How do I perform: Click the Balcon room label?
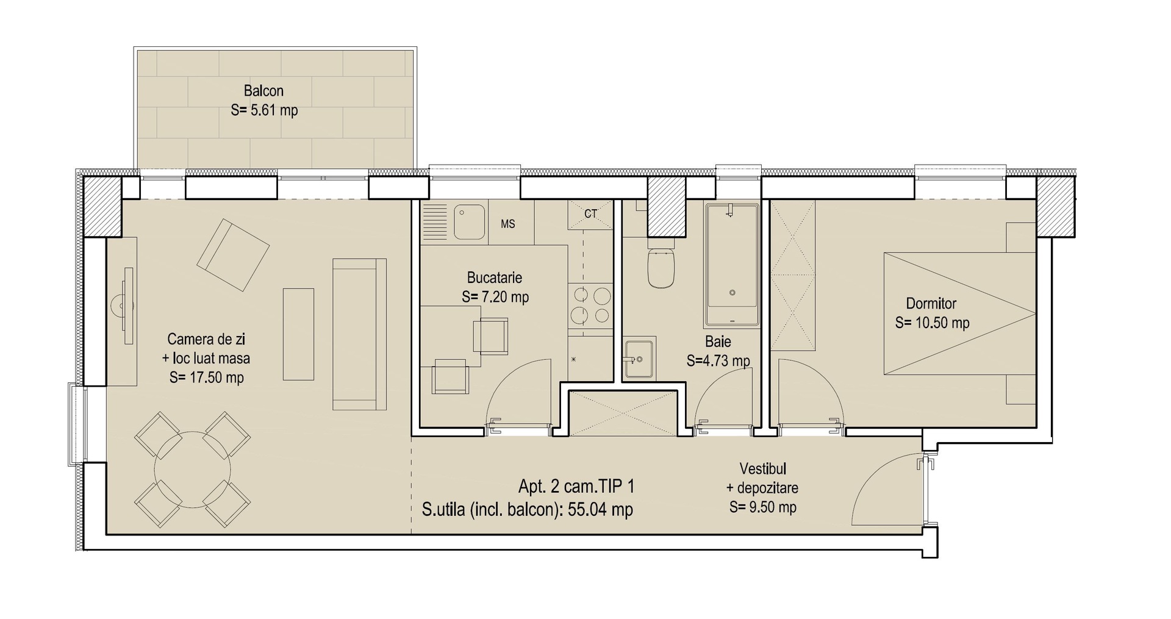[x=263, y=91]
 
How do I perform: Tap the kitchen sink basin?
[x=469, y=222]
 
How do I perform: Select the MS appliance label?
[x=507, y=224]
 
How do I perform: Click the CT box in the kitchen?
[x=590, y=214]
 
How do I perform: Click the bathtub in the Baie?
[x=732, y=264]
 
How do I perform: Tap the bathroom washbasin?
[x=639, y=358]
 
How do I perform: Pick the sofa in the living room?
[x=359, y=334]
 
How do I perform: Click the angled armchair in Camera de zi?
[x=233, y=255]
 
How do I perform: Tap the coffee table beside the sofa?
[x=298, y=334]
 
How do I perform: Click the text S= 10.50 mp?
[x=932, y=323]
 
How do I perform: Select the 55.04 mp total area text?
[x=600, y=509]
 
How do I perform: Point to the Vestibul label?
[x=762, y=469]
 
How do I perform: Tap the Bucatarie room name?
[x=495, y=277]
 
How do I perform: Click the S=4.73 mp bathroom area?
[x=718, y=360]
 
